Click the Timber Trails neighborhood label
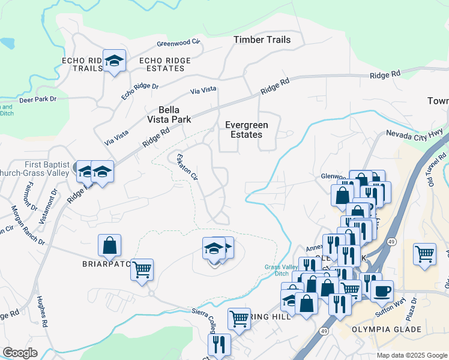coord(262,40)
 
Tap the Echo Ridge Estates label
coord(164,64)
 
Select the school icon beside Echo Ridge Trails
coord(114,61)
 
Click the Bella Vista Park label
coord(174,115)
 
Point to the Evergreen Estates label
coord(247,130)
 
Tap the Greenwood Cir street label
coord(178,43)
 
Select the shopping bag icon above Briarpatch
coord(109,245)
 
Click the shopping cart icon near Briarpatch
coord(142,270)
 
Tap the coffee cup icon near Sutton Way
coord(382,292)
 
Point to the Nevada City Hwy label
coord(414,135)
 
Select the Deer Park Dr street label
coord(37,98)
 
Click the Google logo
coord(20,353)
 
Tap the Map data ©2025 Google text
coord(411,355)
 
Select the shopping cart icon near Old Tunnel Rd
coord(424,253)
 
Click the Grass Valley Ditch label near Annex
coord(277,270)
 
